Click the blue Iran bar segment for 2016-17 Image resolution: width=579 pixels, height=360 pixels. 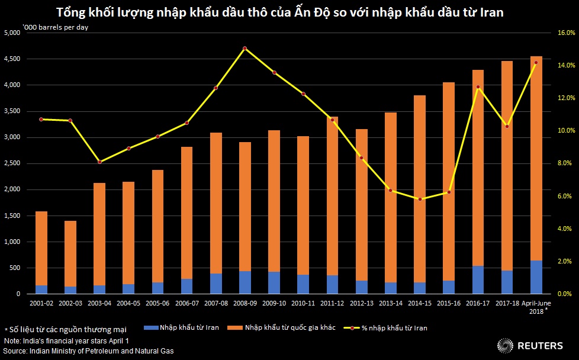(478, 279)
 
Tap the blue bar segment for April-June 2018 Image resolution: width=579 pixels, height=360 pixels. (536, 277)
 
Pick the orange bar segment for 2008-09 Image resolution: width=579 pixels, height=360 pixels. (245, 207)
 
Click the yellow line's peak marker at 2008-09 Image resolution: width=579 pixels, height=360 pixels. (245, 49)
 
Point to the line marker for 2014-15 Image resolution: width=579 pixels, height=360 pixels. (420, 199)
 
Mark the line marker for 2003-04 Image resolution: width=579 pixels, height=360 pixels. (99, 162)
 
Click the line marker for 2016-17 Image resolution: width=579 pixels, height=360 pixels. (478, 87)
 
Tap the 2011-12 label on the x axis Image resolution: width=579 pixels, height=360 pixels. (332, 303)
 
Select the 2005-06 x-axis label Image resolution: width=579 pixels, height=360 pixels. (157, 303)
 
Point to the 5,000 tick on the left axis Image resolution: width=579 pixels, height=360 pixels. (12, 33)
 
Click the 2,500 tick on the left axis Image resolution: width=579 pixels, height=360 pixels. (12, 163)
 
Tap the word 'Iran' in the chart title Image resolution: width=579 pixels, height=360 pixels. (491, 12)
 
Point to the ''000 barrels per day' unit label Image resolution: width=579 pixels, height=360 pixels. (55, 27)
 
